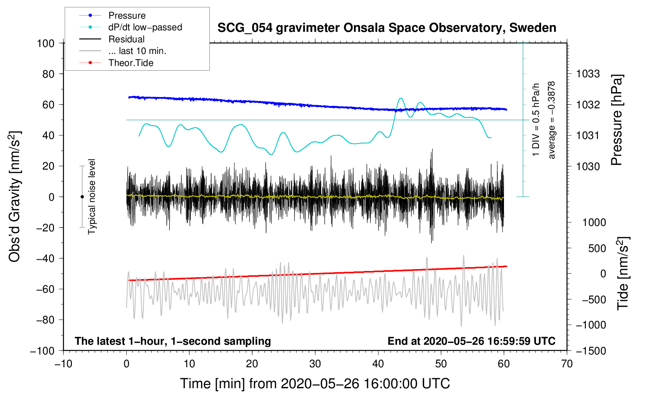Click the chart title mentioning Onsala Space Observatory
click(x=387, y=28)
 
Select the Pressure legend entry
click(x=127, y=16)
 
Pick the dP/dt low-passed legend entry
click(x=145, y=27)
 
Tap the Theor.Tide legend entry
click(x=131, y=63)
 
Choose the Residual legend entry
click(x=126, y=39)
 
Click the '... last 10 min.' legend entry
click(x=137, y=51)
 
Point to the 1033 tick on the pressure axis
click(x=587, y=74)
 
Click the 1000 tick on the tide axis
click(x=594, y=222)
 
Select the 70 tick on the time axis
click(x=567, y=364)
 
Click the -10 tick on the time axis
click(x=63, y=364)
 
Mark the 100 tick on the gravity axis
click(x=45, y=43)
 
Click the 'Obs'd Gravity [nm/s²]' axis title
click(x=15, y=196)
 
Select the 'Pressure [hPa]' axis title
click(x=617, y=120)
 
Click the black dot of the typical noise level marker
click(x=82, y=197)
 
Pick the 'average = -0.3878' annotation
click(x=552, y=120)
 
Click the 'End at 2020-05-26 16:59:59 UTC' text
click(x=471, y=341)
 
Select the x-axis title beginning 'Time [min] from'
click(x=315, y=384)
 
